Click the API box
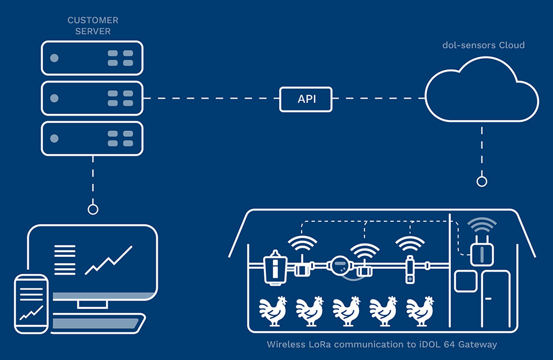coord(306,100)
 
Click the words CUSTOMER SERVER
coord(93,26)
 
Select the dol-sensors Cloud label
coord(484,45)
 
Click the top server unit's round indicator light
coord(54,58)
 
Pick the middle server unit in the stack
coord(92,99)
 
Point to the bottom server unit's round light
coord(54,138)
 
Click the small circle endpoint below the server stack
coord(93,210)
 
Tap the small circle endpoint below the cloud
coord(482,182)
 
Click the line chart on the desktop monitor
coord(109,260)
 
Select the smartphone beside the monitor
coord(31,304)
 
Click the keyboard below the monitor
coord(97,324)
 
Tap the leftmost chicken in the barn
coord(272,311)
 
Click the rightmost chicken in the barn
coord(420,311)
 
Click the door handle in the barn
coord(488,299)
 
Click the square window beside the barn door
coord(466,282)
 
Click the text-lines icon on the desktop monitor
coord(65,260)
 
